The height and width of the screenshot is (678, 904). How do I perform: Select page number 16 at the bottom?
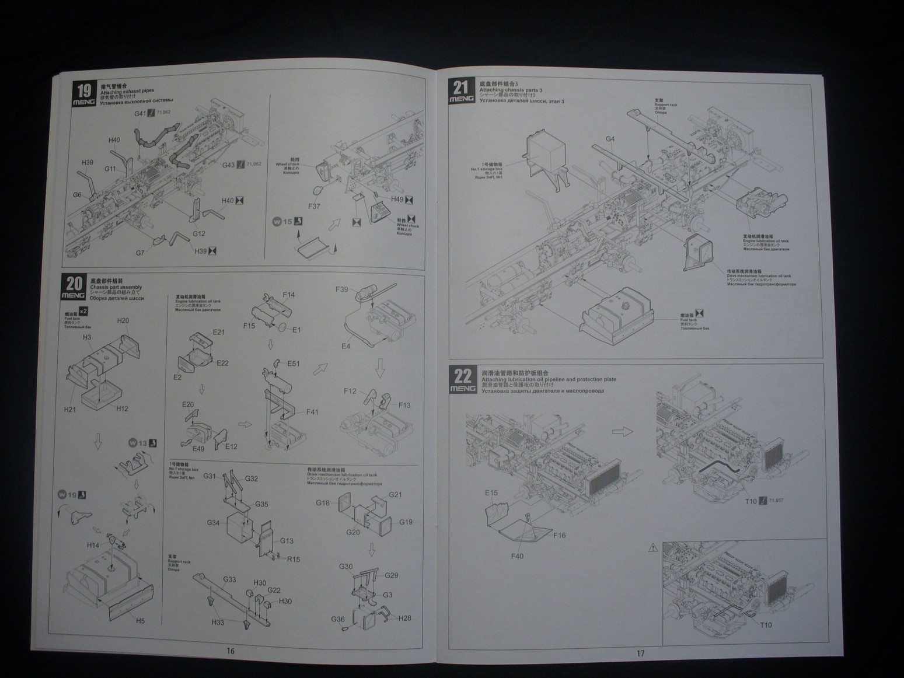coord(231,651)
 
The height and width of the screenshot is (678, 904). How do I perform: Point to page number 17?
coord(640,653)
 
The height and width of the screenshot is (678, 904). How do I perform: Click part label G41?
coord(140,114)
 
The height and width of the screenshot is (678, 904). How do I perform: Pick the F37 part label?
coord(315,207)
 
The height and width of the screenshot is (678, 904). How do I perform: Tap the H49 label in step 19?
coord(397,200)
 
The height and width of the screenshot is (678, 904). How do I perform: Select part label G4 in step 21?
coord(610,139)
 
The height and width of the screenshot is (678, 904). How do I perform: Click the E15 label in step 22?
coord(491,493)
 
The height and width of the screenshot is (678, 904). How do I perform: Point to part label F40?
coord(517,556)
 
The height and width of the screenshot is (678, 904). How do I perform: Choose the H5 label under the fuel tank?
coord(140,621)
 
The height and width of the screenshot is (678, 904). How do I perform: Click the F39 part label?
coord(342,289)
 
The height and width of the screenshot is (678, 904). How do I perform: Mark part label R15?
coord(293,559)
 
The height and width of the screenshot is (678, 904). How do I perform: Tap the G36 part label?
coord(338,619)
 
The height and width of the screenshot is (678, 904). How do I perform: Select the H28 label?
coord(405,618)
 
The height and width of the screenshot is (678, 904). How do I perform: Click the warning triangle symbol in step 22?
coord(652,548)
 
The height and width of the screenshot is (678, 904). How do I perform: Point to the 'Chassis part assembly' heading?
coord(116,288)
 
